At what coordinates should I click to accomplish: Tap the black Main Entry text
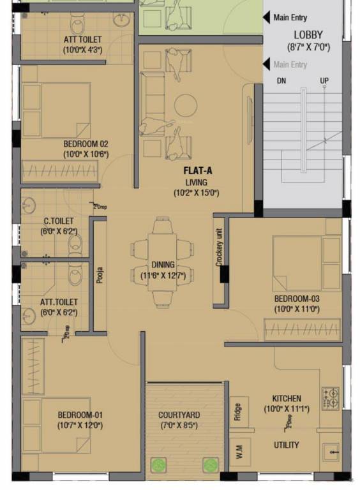[x=290, y=18]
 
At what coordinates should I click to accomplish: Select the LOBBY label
[x=308, y=35]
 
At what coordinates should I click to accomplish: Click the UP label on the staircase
[x=324, y=81]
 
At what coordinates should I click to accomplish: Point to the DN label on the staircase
[x=281, y=81]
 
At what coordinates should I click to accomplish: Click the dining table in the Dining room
[x=162, y=262]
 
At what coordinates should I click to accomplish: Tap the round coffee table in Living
[x=186, y=105]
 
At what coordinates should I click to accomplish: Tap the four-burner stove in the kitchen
[x=330, y=397]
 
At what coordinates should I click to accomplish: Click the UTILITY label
[x=287, y=445]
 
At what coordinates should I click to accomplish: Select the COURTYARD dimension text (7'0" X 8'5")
[x=179, y=426]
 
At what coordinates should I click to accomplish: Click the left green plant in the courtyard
[x=157, y=465]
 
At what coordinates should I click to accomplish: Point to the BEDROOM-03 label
[x=296, y=299]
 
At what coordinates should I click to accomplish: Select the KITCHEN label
[x=286, y=398]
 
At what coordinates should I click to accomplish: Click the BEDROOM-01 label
[x=80, y=414]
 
